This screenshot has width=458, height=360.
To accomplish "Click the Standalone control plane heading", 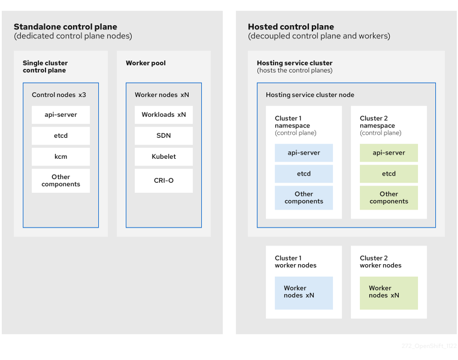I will tap(65, 27).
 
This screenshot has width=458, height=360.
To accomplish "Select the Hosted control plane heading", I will tap(291, 27).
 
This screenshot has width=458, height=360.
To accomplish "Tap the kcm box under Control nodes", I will tap(60, 157).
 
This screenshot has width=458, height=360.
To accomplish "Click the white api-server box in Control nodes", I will tap(60, 115).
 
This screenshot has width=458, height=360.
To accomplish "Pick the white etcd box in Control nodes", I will tap(60, 136).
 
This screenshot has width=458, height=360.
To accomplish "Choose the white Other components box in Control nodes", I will tap(60, 181).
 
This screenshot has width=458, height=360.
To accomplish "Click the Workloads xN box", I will tap(163, 115).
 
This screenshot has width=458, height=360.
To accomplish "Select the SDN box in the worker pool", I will tap(163, 136).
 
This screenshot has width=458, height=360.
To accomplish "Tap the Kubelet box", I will tap(163, 157).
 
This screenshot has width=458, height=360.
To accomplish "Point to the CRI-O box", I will tap(163, 180).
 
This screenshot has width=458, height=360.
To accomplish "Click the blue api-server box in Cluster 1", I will tap(304, 153).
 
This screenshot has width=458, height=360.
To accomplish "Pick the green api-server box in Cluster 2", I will tap(389, 153).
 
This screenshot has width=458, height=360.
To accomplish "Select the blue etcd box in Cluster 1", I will tap(304, 174).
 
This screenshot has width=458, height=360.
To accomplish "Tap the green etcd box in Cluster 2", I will tap(389, 174).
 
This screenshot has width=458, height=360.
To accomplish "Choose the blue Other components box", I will tap(304, 198).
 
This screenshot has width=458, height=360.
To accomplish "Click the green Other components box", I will tap(389, 198).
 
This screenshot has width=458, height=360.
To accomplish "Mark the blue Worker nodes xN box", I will tap(304, 292).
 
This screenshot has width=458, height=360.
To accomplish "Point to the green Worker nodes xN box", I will tap(389, 292).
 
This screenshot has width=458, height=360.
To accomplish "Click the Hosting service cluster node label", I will tap(310, 95).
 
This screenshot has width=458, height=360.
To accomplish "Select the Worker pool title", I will tap(145, 63).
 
